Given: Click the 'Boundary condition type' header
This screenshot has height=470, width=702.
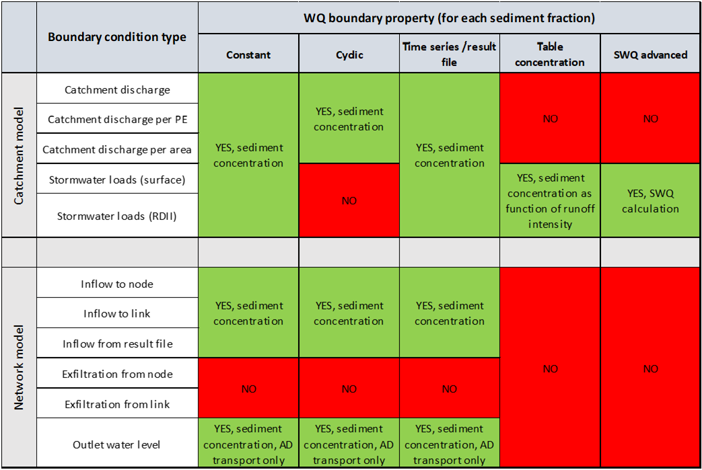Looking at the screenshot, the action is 117,37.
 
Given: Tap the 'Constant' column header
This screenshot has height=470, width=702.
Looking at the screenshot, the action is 248,54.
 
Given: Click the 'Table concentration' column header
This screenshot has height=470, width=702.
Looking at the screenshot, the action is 550,54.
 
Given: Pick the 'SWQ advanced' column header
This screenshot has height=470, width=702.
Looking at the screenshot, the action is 650,54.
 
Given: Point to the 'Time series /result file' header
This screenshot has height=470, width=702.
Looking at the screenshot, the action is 449,54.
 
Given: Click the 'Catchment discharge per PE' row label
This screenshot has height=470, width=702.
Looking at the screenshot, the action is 117,120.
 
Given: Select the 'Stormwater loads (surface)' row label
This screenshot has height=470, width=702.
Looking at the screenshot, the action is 117,180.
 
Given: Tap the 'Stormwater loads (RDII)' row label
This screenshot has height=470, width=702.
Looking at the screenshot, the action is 117,216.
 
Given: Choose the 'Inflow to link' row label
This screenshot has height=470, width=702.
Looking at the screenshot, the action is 117,313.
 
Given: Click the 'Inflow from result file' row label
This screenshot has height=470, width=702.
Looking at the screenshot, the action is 117,344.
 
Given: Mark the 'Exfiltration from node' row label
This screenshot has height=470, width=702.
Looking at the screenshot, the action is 117,374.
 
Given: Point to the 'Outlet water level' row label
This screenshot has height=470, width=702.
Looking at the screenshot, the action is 116,444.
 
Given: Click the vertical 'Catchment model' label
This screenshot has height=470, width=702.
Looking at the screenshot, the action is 18,155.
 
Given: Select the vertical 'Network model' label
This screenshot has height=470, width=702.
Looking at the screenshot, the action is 18,367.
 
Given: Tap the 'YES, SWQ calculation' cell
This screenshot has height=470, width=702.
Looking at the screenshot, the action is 650,201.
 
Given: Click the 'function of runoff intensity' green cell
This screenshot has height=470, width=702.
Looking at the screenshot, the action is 550,201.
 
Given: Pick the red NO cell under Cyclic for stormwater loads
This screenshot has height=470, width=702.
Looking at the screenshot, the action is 349,201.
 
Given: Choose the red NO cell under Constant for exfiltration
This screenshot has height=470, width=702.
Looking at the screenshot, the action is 248,389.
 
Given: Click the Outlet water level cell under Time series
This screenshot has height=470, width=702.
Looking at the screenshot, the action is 449,444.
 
